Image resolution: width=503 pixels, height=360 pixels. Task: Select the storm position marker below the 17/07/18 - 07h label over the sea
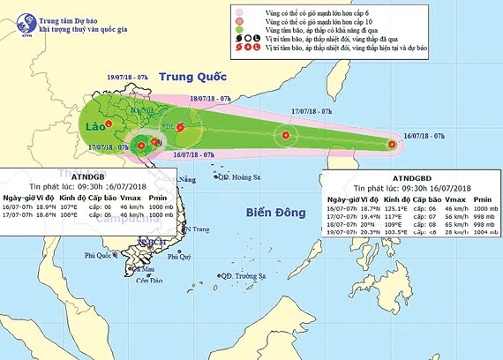coord(285,135)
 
